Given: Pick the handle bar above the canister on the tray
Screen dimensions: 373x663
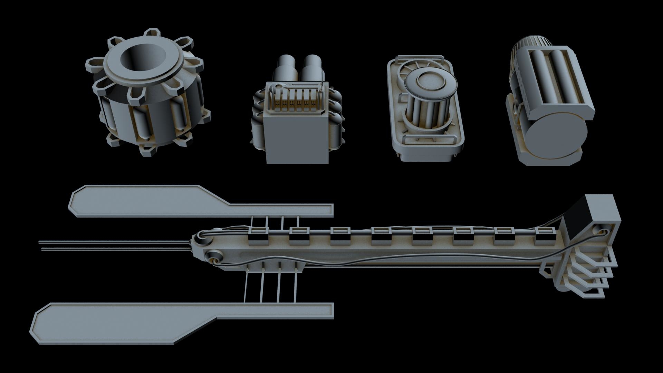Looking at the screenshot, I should click(420, 57).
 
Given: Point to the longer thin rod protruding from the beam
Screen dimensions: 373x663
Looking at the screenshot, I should click(114, 241).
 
